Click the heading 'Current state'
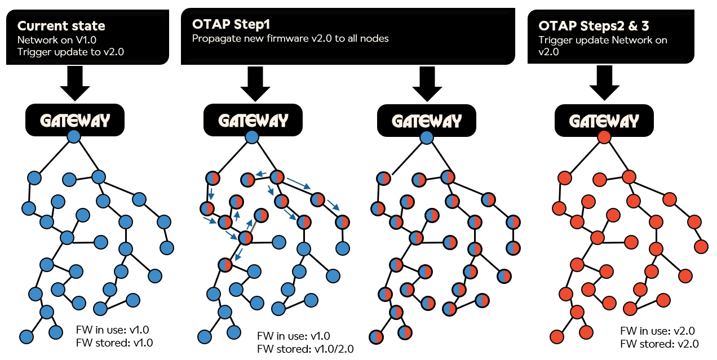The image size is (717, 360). point(61,26)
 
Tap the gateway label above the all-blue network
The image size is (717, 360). point(74,120)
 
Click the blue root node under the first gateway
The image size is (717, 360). point(74,136)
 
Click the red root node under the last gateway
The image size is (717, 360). point(604,137)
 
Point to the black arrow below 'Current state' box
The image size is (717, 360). point(75,83)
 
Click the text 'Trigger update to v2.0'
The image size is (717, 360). point(70,51)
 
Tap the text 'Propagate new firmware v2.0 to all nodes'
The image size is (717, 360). point(290,38)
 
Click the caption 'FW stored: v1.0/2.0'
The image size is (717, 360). point(305,349)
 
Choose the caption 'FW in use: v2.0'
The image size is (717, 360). point(657,331)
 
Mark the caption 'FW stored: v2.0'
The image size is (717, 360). point(659,344)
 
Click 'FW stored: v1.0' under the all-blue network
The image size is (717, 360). point(114,342)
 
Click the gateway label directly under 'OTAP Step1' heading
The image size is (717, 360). point(253,121)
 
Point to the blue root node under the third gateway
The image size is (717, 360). point(427,137)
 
